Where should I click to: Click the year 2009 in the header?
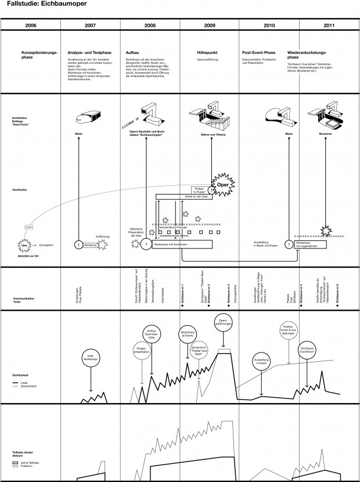pyautogui.click(x=210, y=26)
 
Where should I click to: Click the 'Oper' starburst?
pyautogui.click(x=222, y=179)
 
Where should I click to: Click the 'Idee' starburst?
pyautogui.click(x=24, y=246)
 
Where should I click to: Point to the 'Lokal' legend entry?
pyautogui.click(x=23, y=384)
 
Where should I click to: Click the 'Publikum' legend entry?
pyautogui.click(x=24, y=466)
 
